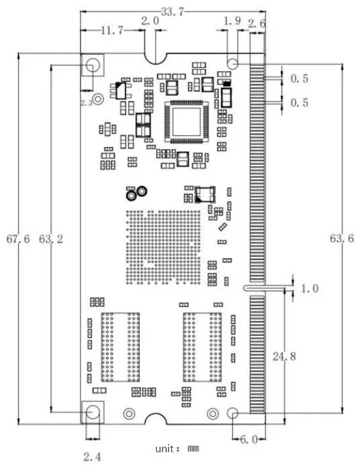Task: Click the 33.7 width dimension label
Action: pos(173,12)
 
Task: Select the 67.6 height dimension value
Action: pos(18,239)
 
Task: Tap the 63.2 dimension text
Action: pos(51,239)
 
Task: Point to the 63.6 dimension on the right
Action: pos(342,239)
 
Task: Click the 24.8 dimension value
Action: pos(284,356)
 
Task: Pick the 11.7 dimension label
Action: pos(112,30)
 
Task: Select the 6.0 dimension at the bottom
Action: pos(249,439)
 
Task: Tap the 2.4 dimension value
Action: pos(92,456)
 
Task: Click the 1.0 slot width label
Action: pos(310,288)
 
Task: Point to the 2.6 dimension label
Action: pos(257,24)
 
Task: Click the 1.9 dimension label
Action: pos(232,21)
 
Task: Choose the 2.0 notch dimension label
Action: pos(150,21)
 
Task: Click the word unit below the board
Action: pos(164,449)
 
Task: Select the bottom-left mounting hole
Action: pos(93,412)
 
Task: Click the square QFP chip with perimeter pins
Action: pos(187,122)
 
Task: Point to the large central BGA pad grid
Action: pos(163,247)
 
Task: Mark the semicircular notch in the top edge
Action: pos(155,58)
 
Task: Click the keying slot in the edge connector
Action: pos(254,288)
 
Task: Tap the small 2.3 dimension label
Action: pos(87,103)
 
